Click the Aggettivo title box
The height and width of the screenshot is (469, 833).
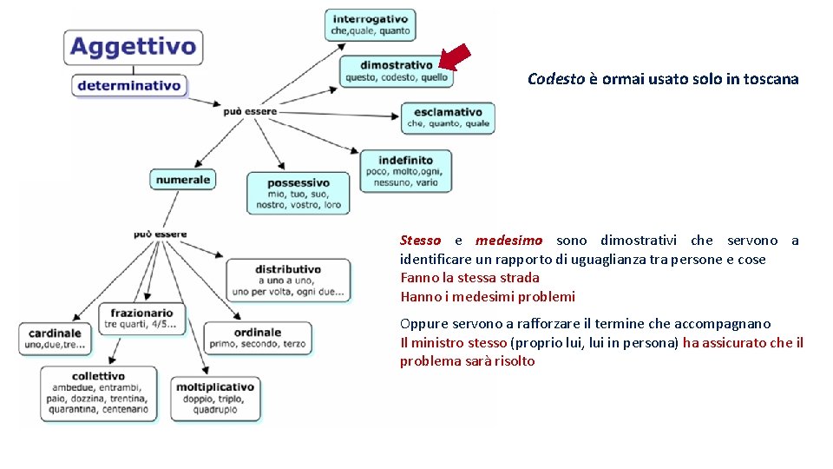[x=133, y=46]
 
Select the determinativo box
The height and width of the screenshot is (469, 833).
[x=129, y=85]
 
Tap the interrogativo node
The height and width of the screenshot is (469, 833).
[x=370, y=24]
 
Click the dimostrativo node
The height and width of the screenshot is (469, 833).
[x=396, y=71]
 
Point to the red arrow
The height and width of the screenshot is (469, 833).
[x=456, y=56]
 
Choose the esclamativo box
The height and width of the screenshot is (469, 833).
[x=448, y=117]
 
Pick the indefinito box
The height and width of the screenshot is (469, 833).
[x=404, y=170]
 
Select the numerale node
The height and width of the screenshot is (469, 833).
[x=183, y=180]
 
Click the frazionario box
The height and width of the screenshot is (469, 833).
[x=142, y=319]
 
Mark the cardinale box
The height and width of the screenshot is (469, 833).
[x=55, y=338]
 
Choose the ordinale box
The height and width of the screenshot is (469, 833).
[x=257, y=338]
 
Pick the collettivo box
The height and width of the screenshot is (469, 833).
[x=100, y=393]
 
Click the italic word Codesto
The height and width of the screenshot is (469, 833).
[x=556, y=79]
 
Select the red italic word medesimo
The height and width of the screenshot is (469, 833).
[x=509, y=241]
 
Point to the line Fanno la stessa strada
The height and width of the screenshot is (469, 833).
[x=469, y=278]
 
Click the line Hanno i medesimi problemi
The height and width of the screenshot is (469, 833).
[x=487, y=297]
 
